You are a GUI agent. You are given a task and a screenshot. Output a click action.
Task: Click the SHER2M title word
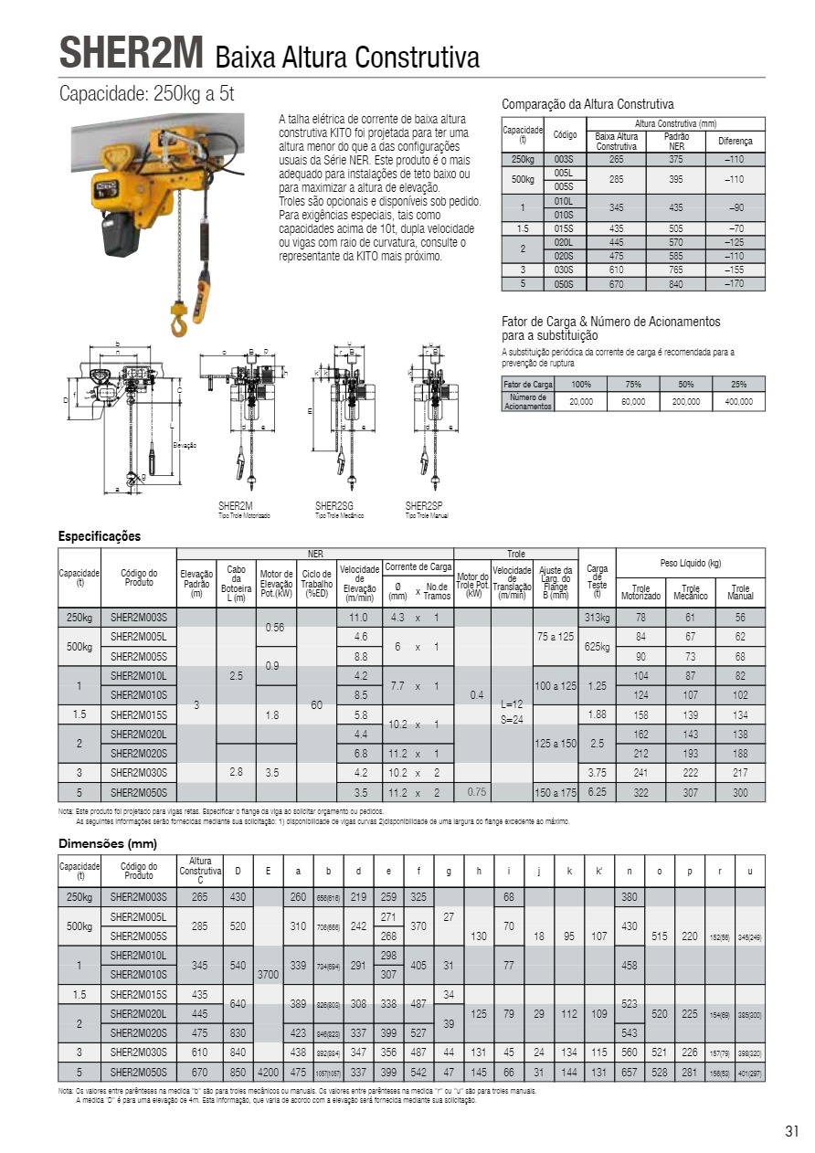pos(131,52)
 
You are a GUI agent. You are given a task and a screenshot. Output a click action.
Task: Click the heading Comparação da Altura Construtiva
pos(587,104)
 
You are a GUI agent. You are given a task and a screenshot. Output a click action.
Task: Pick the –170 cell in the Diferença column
pos(735,284)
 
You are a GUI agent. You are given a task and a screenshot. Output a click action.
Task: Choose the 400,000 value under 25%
pos(739,402)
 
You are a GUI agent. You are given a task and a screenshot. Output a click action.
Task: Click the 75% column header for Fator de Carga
pos(632,385)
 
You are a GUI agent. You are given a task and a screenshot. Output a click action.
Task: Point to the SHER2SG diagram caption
pos(334,505)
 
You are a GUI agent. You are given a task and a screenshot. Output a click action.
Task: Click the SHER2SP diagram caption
pos(424,505)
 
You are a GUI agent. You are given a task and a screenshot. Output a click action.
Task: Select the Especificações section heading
pos(100,536)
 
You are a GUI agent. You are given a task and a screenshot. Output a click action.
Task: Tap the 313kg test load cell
pos(597,618)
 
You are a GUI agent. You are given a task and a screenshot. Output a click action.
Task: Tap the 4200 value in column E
pos(268,1072)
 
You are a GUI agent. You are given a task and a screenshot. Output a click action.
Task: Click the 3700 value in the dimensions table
pos(268,974)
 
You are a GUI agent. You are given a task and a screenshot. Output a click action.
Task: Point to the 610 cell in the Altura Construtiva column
pos(200,1053)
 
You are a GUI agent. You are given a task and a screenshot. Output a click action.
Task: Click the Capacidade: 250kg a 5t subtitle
pos(147,94)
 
